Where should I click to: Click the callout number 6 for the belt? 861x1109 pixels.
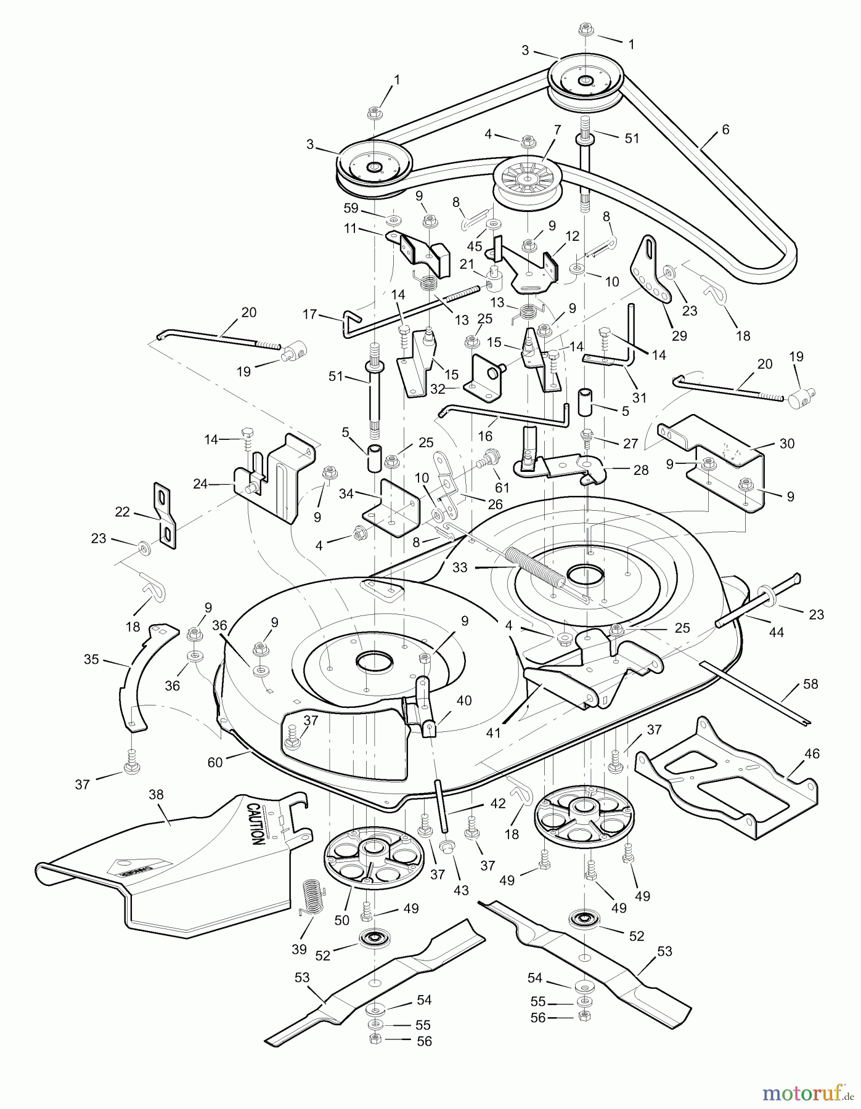click(725, 130)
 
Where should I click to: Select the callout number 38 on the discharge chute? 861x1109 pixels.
click(157, 794)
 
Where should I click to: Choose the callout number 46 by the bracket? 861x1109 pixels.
click(812, 753)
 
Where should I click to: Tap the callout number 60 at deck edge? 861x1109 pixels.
click(214, 763)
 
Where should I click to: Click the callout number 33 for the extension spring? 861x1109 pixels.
click(460, 567)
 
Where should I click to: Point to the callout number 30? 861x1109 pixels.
click(786, 443)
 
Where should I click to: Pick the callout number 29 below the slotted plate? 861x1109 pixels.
click(679, 336)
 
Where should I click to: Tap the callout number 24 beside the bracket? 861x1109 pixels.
click(200, 484)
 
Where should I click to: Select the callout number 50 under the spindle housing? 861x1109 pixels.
click(341, 920)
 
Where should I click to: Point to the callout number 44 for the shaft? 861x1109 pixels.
click(777, 632)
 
